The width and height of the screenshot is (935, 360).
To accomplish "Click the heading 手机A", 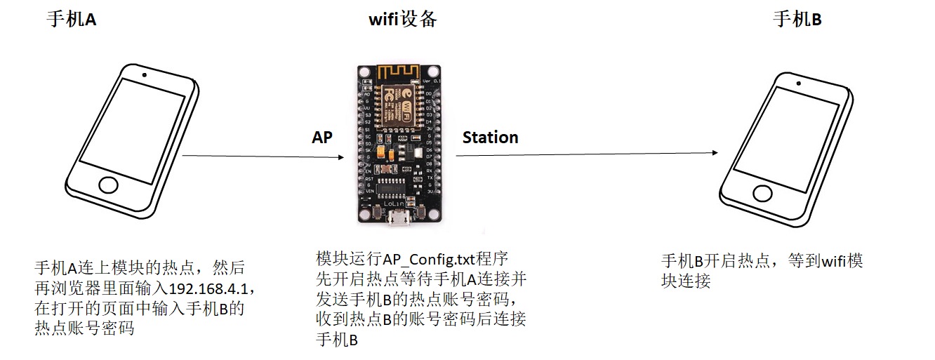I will (71, 19).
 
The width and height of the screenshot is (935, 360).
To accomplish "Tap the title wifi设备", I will (403, 19).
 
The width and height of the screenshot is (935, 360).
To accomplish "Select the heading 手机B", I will (797, 19).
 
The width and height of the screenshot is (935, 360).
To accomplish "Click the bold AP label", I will (322, 138).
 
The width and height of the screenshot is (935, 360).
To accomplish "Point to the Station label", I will (490, 138).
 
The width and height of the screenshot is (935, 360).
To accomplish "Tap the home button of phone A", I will (108, 185).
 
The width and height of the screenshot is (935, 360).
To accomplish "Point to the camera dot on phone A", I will (144, 74).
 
